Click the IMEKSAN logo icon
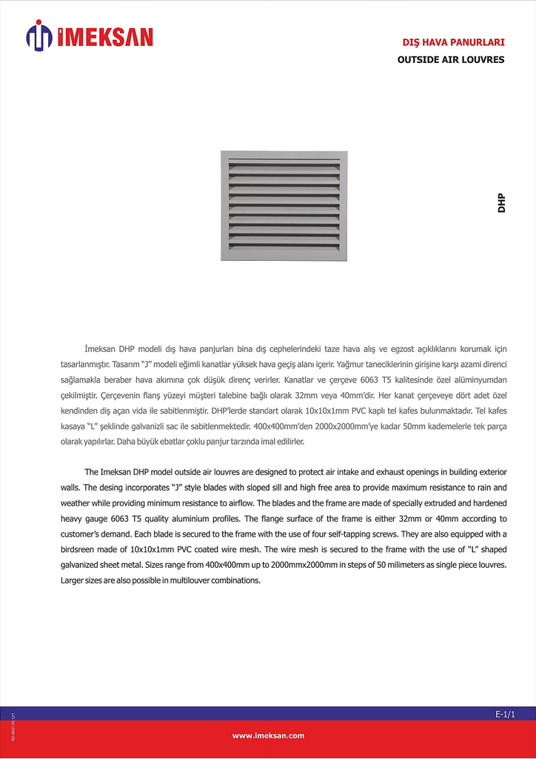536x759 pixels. (39, 36)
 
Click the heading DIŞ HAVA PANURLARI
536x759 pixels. (453, 42)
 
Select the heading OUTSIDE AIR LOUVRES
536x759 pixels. (451, 59)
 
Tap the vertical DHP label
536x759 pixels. (502, 203)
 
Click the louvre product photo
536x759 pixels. (284, 205)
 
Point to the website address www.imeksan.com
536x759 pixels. (268, 735)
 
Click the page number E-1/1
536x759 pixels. (505, 714)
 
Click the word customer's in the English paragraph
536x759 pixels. (82, 534)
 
